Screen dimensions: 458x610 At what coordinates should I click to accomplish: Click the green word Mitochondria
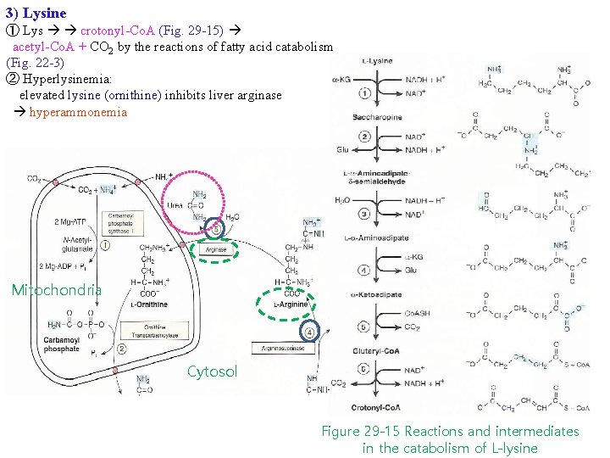click(x=56, y=290)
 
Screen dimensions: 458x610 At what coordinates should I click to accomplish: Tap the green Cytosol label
click(x=212, y=371)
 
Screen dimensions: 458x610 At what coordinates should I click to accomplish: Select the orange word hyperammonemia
click(x=78, y=112)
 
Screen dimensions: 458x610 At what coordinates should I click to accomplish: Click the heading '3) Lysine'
click(x=36, y=13)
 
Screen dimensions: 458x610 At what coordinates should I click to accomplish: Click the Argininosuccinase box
click(x=284, y=349)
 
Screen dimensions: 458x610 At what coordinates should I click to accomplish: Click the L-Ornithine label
click(x=151, y=304)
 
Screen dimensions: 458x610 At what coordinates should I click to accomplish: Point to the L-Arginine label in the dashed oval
click(x=288, y=304)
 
